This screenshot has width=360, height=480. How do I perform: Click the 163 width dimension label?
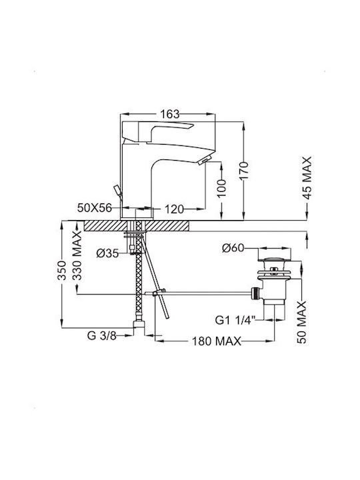pyautogui.click(x=169, y=114)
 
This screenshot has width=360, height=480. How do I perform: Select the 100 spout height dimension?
pyautogui.click(x=222, y=188)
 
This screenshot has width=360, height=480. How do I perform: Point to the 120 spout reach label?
pyautogui.click(x=174, y=209)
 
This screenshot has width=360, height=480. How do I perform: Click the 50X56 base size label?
pyautogui.click(x=95, y=208)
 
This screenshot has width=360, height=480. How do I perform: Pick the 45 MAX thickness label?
pyautogui.click(x=307, y=178)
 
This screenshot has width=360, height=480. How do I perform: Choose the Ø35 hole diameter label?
pyautogui.click(x=107, y=253)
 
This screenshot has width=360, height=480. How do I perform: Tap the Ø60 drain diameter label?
pyautogui.click(x=233, y=247)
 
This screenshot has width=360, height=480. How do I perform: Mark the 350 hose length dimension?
pyautogui.click(x=62, y=270)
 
